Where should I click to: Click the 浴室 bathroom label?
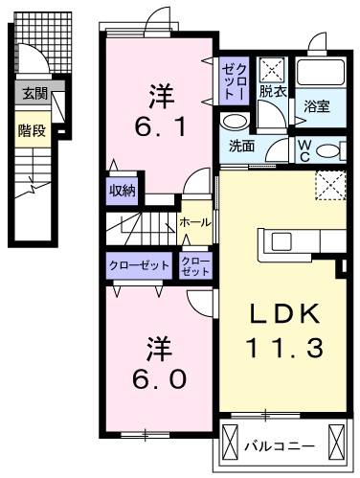click(x=319, y=105)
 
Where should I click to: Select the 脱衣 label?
click(x=272, y=91)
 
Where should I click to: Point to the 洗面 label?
click(x=241, y=147)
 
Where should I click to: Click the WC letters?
click(x=303, y=149)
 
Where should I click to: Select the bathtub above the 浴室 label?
click(x=320, y=73)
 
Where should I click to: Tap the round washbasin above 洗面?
click(x=233, y=122)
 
